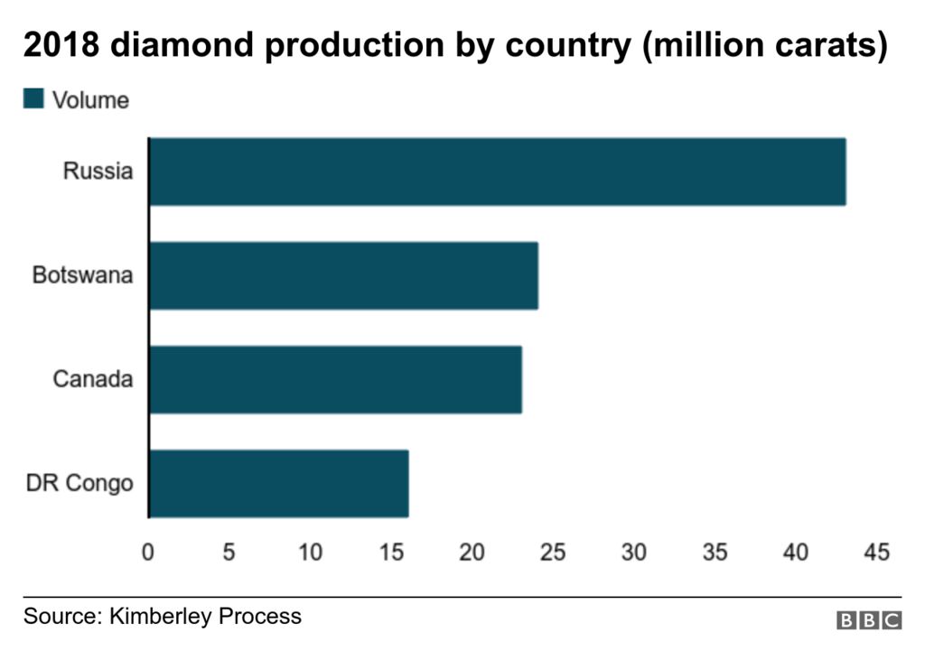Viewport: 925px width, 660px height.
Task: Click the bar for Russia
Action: [x=497, y=172]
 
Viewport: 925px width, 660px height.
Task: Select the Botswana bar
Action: [x=343, y=275]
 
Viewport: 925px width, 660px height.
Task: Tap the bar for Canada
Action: [x=335, y=379]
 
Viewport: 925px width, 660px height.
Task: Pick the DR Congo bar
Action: [x=278, y=483]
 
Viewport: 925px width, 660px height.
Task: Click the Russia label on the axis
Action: [x=98, y=171]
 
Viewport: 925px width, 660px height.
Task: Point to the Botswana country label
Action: [x=82, y=274]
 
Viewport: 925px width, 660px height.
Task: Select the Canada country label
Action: [x=92, y=378]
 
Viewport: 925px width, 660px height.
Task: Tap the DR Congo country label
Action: [x=79, y=483]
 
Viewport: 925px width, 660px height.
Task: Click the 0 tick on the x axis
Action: [x=148, y=552]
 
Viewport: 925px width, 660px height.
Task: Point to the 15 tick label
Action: [x=391, y=552]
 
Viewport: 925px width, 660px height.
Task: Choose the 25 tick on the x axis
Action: [x=553, y=552]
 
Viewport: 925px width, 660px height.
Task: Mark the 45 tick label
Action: [x=876, y=552]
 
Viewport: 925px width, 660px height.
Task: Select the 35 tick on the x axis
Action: [x=715, y=552]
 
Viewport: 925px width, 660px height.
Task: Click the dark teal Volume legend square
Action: [x=33, y=98]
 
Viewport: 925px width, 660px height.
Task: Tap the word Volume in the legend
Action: [x=90, y=99]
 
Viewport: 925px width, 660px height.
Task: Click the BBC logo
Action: [x=869, y=620]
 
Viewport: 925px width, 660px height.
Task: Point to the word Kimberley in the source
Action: [x=161, y=617]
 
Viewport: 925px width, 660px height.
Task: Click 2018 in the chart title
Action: [x=61, y=46]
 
